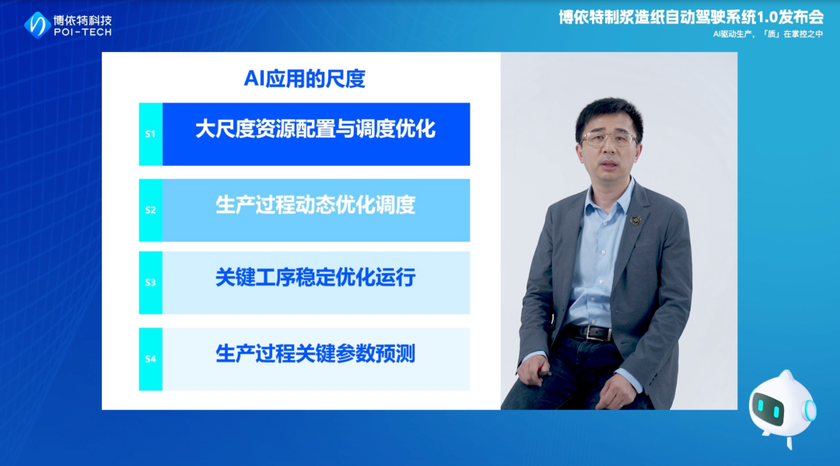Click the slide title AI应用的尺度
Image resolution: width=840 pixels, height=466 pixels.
304,79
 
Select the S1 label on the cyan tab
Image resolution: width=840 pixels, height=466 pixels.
151,134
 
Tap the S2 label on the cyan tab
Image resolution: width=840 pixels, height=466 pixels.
151,210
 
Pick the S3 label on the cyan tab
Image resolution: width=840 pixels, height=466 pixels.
151,282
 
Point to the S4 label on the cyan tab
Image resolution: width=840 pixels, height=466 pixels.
151,359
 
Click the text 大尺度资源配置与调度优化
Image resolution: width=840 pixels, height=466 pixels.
315,129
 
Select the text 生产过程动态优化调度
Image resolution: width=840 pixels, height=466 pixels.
315,205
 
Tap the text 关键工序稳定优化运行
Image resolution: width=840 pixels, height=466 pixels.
315,278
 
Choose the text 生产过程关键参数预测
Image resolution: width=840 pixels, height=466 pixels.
315,354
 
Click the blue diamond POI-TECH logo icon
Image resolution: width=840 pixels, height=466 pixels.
37,25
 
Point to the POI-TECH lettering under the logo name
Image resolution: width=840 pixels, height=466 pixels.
83,32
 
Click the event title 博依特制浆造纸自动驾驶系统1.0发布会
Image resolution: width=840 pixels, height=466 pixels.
691,17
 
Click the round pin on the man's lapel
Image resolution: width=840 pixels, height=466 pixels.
636,219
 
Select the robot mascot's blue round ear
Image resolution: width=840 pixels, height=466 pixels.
809,410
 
